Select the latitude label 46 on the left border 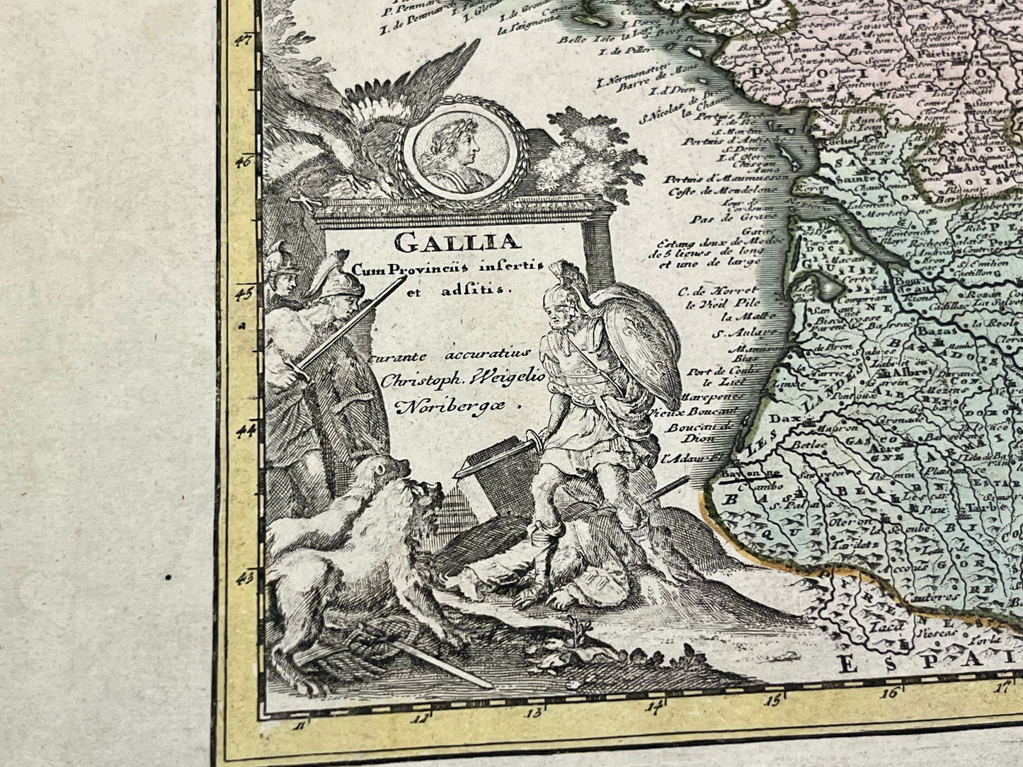click(x=244, y=161)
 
